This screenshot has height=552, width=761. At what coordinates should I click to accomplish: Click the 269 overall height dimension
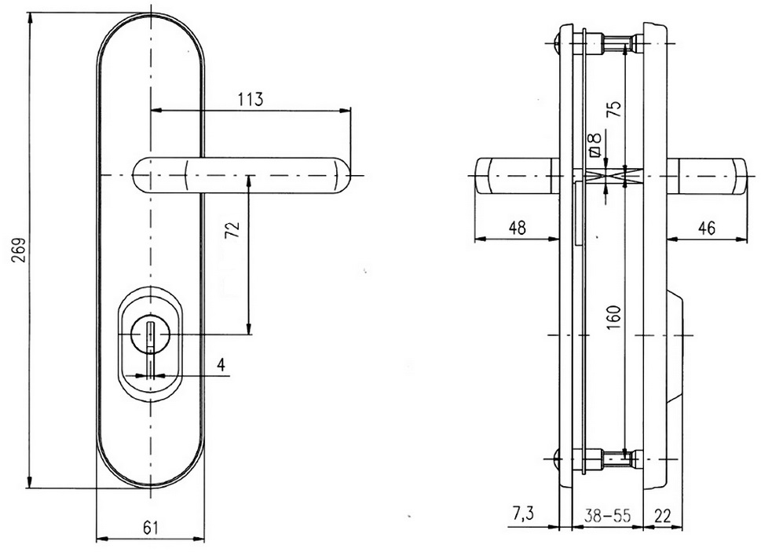[19, 250]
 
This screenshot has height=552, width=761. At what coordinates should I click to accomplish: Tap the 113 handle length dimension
[251, 99]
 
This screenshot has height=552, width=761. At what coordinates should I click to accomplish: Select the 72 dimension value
[234, 230]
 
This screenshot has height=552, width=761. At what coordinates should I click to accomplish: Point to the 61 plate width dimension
[151, 527]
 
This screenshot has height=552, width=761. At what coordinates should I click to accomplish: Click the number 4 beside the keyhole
[221, 364]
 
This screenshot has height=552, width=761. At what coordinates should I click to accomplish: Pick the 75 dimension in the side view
[614, 108]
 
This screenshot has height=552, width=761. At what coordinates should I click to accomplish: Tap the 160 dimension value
[613, 318]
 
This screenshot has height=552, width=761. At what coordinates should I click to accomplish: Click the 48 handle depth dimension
[517, 227]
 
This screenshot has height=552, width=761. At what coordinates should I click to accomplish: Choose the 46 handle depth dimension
[706, 227]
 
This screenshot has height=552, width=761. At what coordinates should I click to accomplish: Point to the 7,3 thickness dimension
[522, 514]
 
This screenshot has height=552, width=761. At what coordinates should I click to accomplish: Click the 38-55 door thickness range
[607, 515]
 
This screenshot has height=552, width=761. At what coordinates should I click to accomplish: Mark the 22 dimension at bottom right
[663, 515]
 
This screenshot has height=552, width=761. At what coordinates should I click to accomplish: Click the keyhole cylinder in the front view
[151, 335]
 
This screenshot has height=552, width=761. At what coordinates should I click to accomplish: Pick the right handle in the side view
[707, 175]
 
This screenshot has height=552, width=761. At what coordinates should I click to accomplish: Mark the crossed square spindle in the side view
[614, 175]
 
